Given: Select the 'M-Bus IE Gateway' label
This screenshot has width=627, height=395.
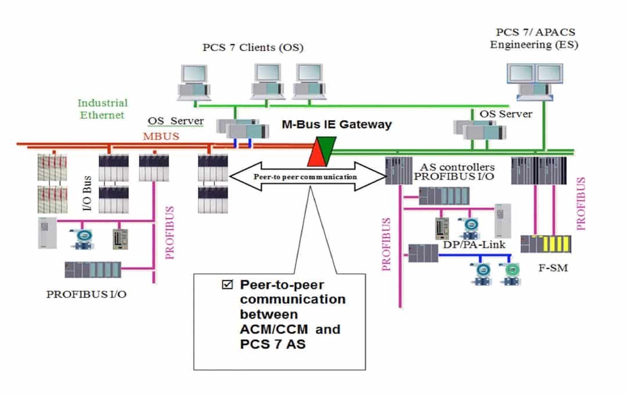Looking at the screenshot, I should pyautogui.click(x=337, y=124).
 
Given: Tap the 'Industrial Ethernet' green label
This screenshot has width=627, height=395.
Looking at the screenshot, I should pyautogui.click(x=103, y=108).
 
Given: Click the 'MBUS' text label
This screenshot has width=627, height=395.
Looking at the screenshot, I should pyautogui.click(x=160, y=136).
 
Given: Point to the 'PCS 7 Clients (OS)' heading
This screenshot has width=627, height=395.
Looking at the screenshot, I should pyautogui.click(x=253, y=47).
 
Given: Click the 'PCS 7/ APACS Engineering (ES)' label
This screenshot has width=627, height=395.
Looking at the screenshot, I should pyautogui.click(x=534, y=38).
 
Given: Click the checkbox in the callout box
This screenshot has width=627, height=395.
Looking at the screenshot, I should pyautogui.click(x=226, y=284).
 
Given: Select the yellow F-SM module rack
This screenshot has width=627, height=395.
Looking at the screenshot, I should pyautogui.click(x=545, y=244).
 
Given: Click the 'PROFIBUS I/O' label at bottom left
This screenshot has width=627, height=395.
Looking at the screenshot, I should pyautogui.click(x=87, y=294).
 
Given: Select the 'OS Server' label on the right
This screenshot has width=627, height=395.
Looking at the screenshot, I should pyautogui.click(x=506, y=114).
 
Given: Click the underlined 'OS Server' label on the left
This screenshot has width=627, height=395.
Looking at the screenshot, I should pyautogui.click(x=175, y=121).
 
